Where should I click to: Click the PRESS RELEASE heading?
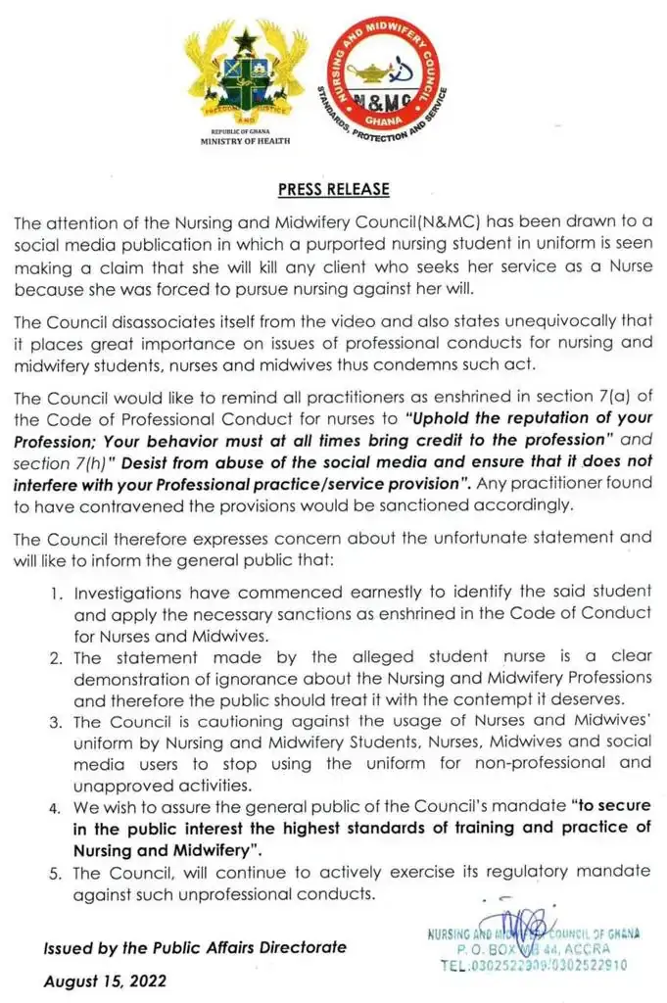[333, 189]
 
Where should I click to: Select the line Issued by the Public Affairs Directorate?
[194, 947]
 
